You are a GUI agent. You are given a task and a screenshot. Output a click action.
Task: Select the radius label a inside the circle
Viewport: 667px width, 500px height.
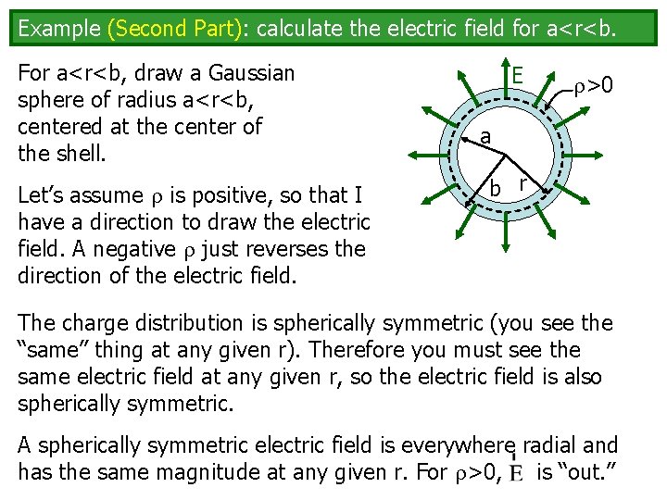pyautogui.click(x=485, y=137)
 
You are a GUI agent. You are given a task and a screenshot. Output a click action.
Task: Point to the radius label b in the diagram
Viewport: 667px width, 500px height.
pyautogui.click(x=496, y=190)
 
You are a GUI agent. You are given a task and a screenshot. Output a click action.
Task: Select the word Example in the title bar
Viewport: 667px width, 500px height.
pyautogui.click(x=59, y=28)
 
